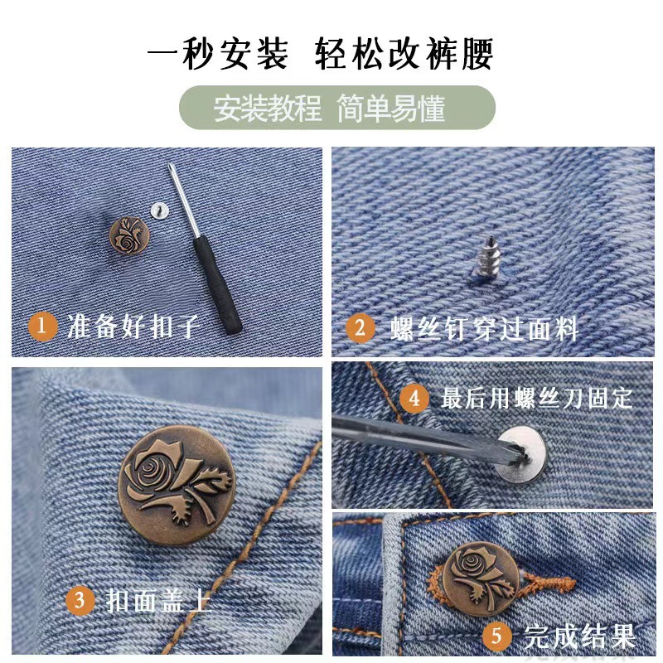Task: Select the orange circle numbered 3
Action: (80, 599)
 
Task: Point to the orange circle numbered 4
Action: (414, 398)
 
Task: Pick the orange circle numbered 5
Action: (496, 636)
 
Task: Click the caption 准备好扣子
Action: (133, 326)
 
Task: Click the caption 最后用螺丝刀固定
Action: (536, 399)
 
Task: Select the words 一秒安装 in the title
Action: (218, 54)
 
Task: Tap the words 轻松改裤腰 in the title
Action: (404, 54)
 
